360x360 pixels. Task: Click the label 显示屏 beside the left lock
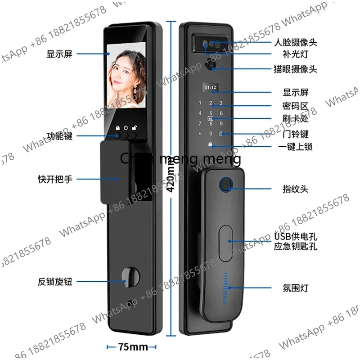59,54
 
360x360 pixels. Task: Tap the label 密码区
295,106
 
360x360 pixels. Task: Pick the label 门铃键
295,134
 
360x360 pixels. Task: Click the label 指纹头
295,190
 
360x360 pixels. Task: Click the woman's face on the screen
127,72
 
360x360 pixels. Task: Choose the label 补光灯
295,56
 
